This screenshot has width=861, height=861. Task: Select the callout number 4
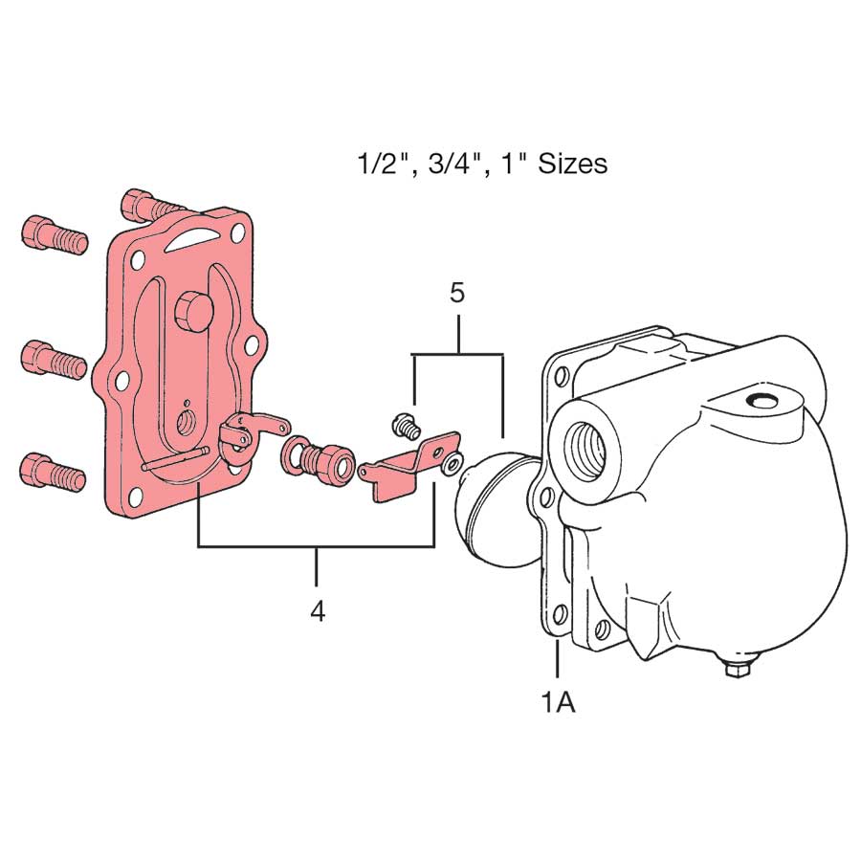pos(317,611)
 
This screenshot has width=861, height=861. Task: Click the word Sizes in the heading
pos(571,164)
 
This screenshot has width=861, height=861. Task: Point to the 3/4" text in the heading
pos(444,164)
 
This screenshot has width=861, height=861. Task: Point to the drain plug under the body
pos(737,671)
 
